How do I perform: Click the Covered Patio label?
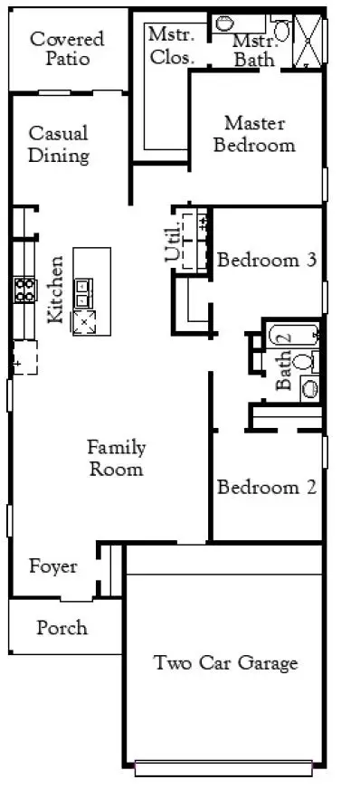(67, 48)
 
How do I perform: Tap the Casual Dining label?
(58, 145)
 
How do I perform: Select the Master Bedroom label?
(254, 134)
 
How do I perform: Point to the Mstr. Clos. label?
(172, 45)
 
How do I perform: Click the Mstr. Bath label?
(254, 51)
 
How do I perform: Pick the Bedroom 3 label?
(267, 261)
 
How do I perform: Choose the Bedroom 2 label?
(267, 487)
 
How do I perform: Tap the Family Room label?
(117, 458)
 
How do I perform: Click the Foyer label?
(52, 566)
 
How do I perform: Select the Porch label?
(62, 627)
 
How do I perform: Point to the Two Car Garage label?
(225, 662)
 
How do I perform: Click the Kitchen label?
(55, 290)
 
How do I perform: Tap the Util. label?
(173, 242)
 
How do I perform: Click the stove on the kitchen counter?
(25, 290)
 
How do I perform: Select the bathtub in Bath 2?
(294, 336)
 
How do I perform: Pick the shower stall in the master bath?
(308, 40)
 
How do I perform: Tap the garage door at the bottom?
(223, 768)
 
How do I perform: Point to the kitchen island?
(92, 291)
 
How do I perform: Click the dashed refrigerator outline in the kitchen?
(24, 357)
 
